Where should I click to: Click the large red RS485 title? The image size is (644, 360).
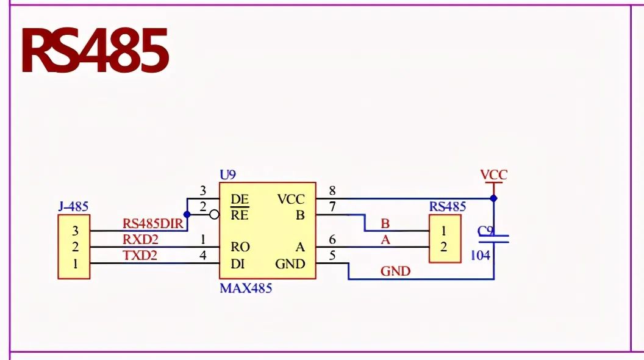[95, 51]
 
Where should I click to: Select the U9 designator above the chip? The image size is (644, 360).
[227, 175]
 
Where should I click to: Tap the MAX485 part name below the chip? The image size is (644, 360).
[246, 288]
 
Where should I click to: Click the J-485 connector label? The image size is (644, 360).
[73, 207]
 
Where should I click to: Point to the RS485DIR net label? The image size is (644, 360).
[153, 224]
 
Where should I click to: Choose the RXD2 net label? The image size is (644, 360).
[140, 239]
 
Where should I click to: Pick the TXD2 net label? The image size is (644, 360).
[140, 256]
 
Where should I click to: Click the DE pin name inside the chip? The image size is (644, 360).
[239, 199]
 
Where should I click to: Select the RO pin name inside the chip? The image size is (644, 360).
[240, 247]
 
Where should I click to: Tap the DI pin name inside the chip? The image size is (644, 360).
[238, 264]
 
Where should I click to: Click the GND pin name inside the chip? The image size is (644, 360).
[290, 264]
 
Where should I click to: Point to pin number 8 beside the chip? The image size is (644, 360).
[332, 191]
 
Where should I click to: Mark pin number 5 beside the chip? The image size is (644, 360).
[332, 256]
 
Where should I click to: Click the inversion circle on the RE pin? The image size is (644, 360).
[214, 215]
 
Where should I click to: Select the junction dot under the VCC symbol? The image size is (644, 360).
[493, 198]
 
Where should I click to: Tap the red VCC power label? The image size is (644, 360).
[493, 175]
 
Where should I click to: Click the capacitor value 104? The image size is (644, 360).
[480, 256]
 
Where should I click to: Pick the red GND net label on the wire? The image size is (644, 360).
[395, 272]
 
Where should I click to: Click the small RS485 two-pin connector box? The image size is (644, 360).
[444, 239]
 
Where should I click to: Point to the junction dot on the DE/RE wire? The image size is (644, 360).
[187, 214]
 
